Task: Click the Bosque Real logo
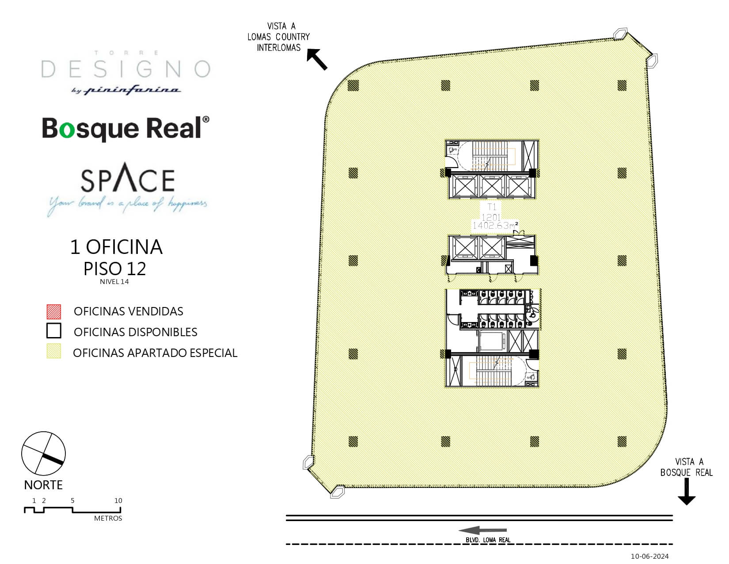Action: tap(125, 128)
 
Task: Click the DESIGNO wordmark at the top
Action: tap(125, 69)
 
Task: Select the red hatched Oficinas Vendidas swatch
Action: tap(54, 311)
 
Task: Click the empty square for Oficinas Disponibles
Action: tap(54, 331)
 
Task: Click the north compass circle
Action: tap(43, 454)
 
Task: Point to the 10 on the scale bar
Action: tap(118, 501)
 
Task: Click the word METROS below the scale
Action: tap(108, 518)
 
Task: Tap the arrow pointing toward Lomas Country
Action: tap(317, 59)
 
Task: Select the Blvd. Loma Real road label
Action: tap(488, 540)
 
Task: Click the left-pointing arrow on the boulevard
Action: tap(482, 530)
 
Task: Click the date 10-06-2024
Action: tap(649, 556)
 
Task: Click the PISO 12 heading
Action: tap(115, 269)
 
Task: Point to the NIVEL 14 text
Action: tap(114, 282)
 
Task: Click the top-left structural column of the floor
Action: tap(353, 85)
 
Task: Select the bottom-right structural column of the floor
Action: tap(622, 441)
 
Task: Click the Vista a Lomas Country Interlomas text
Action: tap(279, 37)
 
